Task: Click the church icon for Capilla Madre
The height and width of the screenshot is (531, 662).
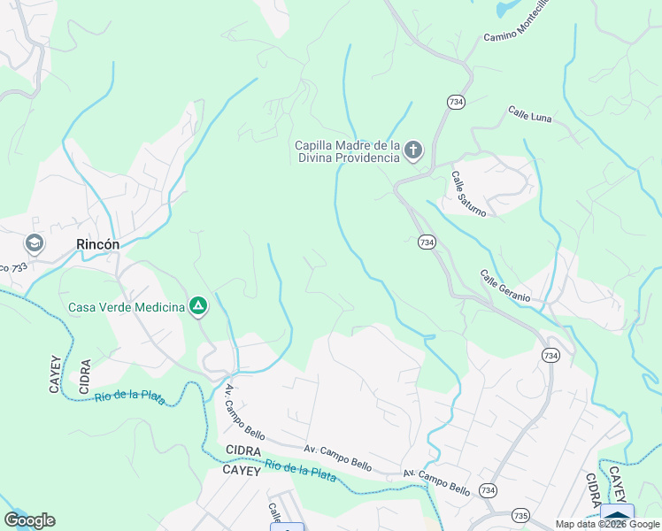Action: [413, 151]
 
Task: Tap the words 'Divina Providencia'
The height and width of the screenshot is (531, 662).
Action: [347, 158]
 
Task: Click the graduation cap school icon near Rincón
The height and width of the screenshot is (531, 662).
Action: [35, 242]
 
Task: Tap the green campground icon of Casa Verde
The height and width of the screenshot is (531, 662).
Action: [199, 307]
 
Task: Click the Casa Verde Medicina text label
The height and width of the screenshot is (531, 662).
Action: [127, 308]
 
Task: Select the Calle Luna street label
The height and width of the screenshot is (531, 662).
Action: [530, 114]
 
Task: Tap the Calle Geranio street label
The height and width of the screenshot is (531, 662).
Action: [505, 287]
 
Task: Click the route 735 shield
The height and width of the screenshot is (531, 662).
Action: [519, 514]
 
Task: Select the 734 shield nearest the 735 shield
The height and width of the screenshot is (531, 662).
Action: [487, 489]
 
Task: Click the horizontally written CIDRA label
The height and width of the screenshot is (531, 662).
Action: [242, 451]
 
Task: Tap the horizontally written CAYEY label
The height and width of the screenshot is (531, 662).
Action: [242, 471]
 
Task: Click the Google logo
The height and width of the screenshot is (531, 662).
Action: [29, 520]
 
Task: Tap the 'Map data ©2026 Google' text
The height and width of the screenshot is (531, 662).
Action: [607, 524]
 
